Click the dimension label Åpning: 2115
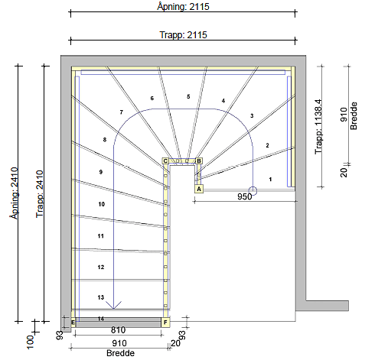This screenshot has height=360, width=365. click(x=181, y=6)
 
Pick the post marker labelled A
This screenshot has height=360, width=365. click(x=199, y=188)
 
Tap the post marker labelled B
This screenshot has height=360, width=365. click(x=199, y=161)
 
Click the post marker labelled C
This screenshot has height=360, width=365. click(x=165, y=161)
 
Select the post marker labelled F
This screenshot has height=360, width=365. click(x=165, y=323)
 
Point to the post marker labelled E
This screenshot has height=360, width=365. click(x=73, y=323)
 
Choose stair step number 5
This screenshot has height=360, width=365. click(x=187, y=97)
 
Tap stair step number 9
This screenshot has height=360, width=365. click(x=101, y=173)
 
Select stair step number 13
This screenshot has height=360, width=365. click(x=101, y=297)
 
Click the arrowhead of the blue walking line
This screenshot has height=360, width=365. click(x=114, y=305)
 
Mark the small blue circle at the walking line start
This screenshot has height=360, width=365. click(x=253, y=190)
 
